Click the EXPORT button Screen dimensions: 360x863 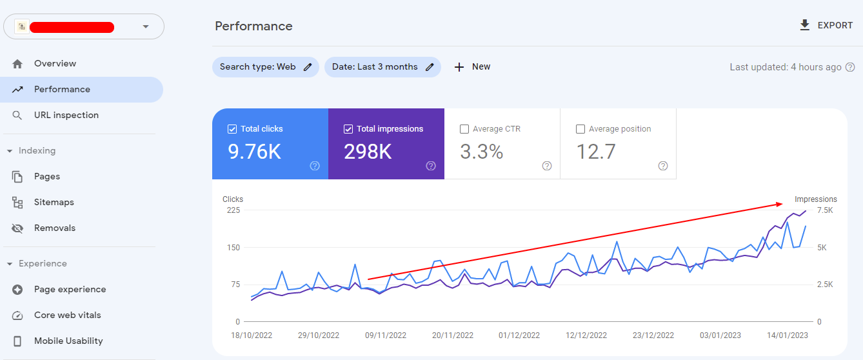pyautogui.click(x=827, y=26)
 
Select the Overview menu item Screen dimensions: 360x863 pyautogui.click(x=55, y=63)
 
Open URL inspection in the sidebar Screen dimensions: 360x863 pyautogui.click(x=66, y=115)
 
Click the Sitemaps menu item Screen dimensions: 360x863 pyautogui.click(x=54, y=202)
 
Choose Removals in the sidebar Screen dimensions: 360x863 pyautogui.click(x=54, y=228)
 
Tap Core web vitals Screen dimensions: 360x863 pyautogui.click(x=67, y=315)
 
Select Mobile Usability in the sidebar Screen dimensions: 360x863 pyautogui.click(x=68, y=341)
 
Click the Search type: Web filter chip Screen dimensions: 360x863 pyautogui.click(x=265, y=67)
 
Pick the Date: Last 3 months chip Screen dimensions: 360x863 pyautogui.click(x=382, y=67)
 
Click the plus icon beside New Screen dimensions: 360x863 pyautogui.click(x=459, y=67)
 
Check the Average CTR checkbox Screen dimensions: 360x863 pyautogui.click(x=464, y=129)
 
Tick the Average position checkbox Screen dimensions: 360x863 pyautogui.click(x=580, y=129)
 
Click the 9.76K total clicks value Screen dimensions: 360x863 pyautogui.click(x=254, y=152)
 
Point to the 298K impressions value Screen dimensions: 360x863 pyautogui.click(x=368, y=152)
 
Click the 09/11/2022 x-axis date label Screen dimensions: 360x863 pyautogui.click(x=386, y=335)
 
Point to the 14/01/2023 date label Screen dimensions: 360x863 pyautogui.click(x=787, y=335)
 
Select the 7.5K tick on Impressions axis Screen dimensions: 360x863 pyautogui.click(x=825, y=210)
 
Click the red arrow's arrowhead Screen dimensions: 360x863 pyautogui.click(x=780, y=205)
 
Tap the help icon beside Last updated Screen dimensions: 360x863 pyautogui.click(x=850, y=67)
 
